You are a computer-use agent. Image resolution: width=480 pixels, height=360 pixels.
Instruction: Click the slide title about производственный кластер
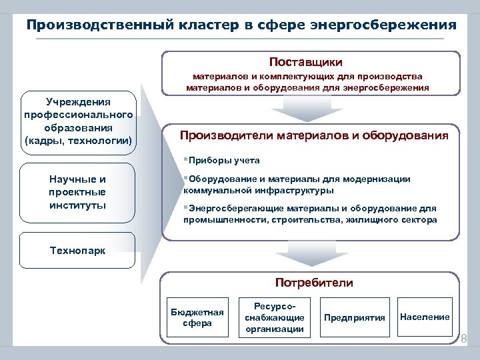[241, 25]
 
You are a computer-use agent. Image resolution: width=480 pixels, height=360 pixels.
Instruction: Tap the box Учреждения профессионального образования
[79, 121]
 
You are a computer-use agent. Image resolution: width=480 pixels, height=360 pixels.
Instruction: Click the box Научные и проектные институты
[78, 192]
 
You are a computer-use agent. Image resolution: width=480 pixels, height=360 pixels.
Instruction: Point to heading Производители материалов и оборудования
[314, 136]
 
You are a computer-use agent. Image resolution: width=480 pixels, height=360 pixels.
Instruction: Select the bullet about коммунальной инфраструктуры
[297, 185]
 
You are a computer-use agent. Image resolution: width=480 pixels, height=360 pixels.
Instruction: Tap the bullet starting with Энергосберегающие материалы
[311, 213]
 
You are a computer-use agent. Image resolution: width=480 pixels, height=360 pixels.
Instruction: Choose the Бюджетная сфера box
[197, 317]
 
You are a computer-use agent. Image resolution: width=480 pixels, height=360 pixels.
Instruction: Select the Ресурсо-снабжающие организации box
[274, 317]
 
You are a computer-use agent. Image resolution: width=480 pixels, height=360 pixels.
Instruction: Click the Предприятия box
[354, 317]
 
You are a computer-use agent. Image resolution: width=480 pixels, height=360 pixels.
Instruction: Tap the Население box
[425, 317]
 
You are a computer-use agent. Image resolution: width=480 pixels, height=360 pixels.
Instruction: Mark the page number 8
[464, 339]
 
